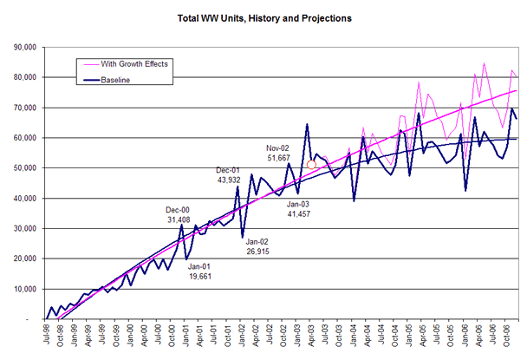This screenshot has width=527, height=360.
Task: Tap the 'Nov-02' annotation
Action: tap(279, 148)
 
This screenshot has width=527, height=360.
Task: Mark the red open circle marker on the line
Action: tap(312, 165)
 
